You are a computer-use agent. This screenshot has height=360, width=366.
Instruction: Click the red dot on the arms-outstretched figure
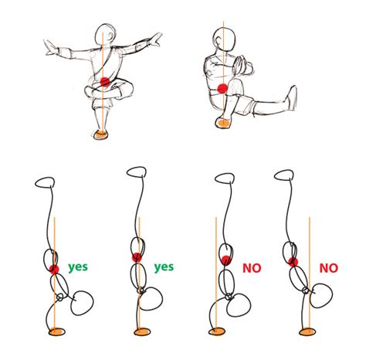[104, 81]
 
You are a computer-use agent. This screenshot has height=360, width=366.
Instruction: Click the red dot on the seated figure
[222, 89]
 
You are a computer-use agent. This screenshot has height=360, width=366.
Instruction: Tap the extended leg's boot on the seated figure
[293, 98]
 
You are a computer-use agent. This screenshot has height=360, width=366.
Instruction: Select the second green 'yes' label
[164, 267]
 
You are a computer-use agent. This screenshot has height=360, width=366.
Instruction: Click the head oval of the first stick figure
[46, 185]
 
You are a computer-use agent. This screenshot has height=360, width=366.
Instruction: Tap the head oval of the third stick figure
[225, 178]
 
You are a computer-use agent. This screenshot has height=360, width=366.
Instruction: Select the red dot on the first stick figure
[54, 268]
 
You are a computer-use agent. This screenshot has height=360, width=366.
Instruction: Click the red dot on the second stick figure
[137, 257]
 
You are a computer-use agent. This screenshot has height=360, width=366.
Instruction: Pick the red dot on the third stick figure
[225, 260]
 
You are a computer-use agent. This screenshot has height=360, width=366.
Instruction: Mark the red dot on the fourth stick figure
[293, 263]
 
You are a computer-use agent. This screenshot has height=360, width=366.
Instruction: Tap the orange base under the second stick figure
[141, 333]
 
